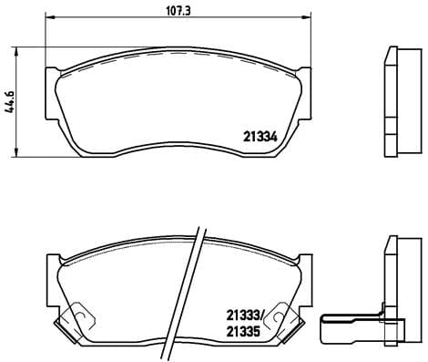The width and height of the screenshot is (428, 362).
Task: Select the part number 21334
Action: point(260,139)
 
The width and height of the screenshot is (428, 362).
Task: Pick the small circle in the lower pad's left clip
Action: point(79,318)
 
